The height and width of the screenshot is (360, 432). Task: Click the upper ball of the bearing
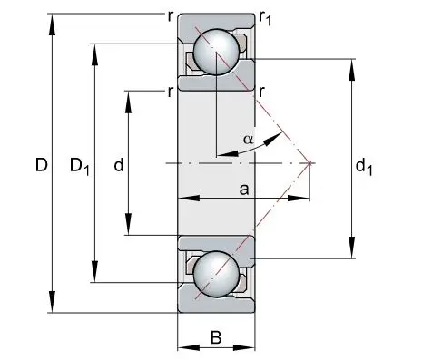pyautogui.click(x=216, y=52)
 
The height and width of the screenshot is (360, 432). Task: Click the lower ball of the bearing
pyautogui.click(x=216, y=275)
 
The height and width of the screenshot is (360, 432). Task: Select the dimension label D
pyautogui.click(x=42, y=165)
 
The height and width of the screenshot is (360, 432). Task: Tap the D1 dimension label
pyautogui.click(x=80, y=167)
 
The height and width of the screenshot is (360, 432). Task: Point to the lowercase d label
pyautogui.click(x=119, y=165)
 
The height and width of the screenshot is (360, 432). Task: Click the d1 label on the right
pyautogui.click(x=364, y=167)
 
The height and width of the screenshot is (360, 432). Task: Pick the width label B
pyautogui.click(x=216, y=337)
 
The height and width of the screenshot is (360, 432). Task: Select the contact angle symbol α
pyautogui.click(x=248, y=140)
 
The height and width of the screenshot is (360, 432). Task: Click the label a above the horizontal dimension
pyautogui.click(x=244, y=190)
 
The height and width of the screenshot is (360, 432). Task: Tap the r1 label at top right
pyautogui.click(x=265, y=19)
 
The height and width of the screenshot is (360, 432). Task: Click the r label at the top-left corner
pyautogui.click(x=171, y=17)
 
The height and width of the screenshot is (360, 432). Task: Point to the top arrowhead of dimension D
pyautogui.click(x=53, y=24)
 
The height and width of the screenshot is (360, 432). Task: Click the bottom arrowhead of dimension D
pyautogui.click(x=53, y=302)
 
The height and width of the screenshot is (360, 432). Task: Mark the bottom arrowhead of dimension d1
pyautogui.click(x=351, y=248)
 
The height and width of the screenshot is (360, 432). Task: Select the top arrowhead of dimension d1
pyautogui.click(x=351, y=70)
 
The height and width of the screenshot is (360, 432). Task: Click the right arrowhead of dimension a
pyautogui.click(x=299, y=199)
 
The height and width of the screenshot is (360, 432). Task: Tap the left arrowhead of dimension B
pyautogui.click(x=189, y=347)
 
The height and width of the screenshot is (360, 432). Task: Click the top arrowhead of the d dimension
pyautogui.click(x=129, y=102)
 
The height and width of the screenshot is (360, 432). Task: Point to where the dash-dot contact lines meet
pyautogui.click(x=309, y=163)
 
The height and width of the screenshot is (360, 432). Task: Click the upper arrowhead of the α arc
pyautogui.click(x=272, y=140)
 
